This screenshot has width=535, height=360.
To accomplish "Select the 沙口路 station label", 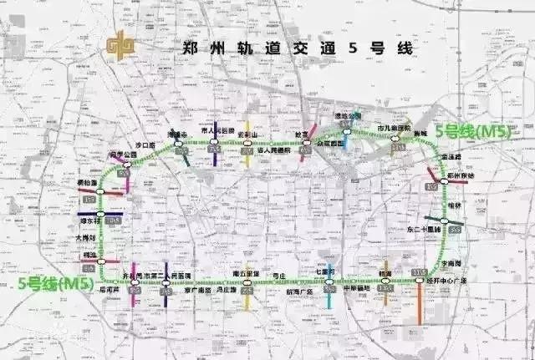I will click(145, 145).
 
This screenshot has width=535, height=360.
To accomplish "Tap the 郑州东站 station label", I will click(460, 176).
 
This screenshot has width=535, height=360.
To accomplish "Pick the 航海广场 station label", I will click(298, 292).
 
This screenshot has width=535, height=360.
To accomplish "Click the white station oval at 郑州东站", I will click(431, 187).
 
